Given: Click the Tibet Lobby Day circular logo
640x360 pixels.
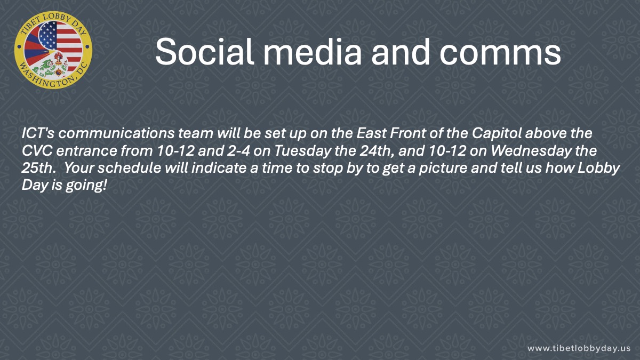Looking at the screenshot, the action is point(53,50).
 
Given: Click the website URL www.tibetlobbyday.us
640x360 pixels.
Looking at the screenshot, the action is point(579,348).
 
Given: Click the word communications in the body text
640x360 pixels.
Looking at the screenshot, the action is point(116,133).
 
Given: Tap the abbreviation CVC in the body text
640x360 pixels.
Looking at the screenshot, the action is point(37,151).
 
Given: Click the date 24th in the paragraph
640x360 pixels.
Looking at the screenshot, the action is point(377,151).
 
